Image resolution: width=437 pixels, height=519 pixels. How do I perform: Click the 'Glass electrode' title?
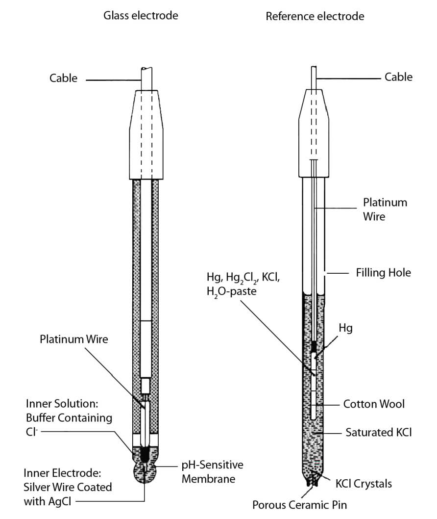(x=140, y=16)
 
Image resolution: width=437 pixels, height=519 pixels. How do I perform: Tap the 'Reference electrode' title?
(x=315, y=17)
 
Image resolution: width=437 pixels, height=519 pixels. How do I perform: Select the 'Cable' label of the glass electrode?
(x=63, y=78)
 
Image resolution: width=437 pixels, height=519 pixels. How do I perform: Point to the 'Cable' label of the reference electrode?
(x=398, y=77)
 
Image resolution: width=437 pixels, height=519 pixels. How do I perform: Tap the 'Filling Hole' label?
(x=383, y=272)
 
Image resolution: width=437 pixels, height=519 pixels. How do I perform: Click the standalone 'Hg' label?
(x=345, y=329)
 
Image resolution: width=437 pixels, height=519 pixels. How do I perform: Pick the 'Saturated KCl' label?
(x=378, y=433)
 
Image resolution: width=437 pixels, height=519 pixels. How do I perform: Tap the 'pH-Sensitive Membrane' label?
(x=212, y=471)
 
